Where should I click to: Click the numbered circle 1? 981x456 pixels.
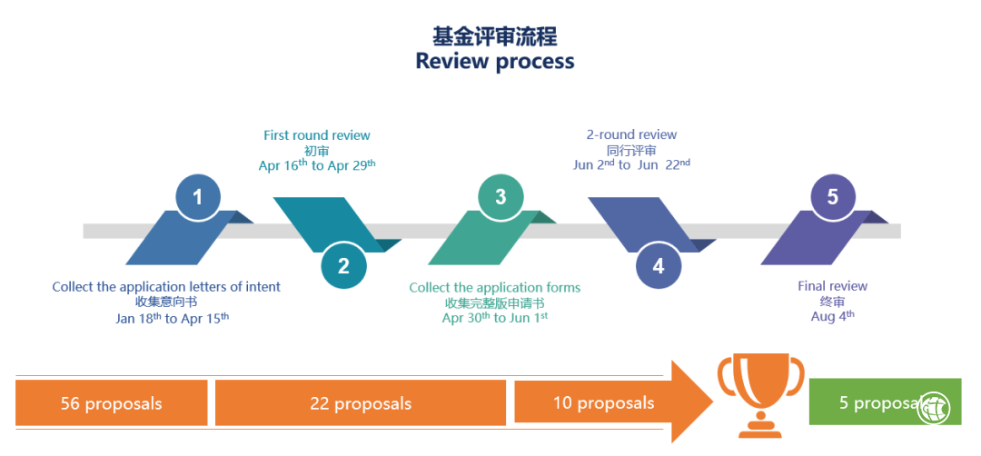click(x=198, y=196)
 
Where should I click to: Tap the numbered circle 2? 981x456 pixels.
click(x=343, y=265)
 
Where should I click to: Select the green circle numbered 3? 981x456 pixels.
click(x=500, y=196)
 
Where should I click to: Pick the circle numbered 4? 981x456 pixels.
click(x=659, y=265)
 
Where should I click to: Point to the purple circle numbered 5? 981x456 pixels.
click(x=832, y=196)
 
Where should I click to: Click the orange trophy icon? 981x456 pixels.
click(x=760, y=393)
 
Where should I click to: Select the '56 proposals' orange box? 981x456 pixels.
click(x=112, y=403)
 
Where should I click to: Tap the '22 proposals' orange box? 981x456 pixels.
click(x=361, y=403)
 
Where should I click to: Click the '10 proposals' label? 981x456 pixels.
click(x=603, y=402)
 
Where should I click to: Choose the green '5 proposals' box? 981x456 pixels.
click(x=872, y=402)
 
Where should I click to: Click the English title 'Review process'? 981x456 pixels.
click(x=495, y=61)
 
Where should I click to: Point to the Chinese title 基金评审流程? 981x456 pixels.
click(x=495, y=36)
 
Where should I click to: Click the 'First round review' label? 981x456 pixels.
click(x=317, y=135)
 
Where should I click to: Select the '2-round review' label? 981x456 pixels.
click(x=631, y=134)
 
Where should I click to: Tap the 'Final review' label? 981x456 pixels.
click(x=832, y=286)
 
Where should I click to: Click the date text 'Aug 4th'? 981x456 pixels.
click(x=832, y=316)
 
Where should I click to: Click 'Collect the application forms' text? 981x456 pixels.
click(x=494, y=288)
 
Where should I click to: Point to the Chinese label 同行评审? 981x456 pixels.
click(x=631, y=150)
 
